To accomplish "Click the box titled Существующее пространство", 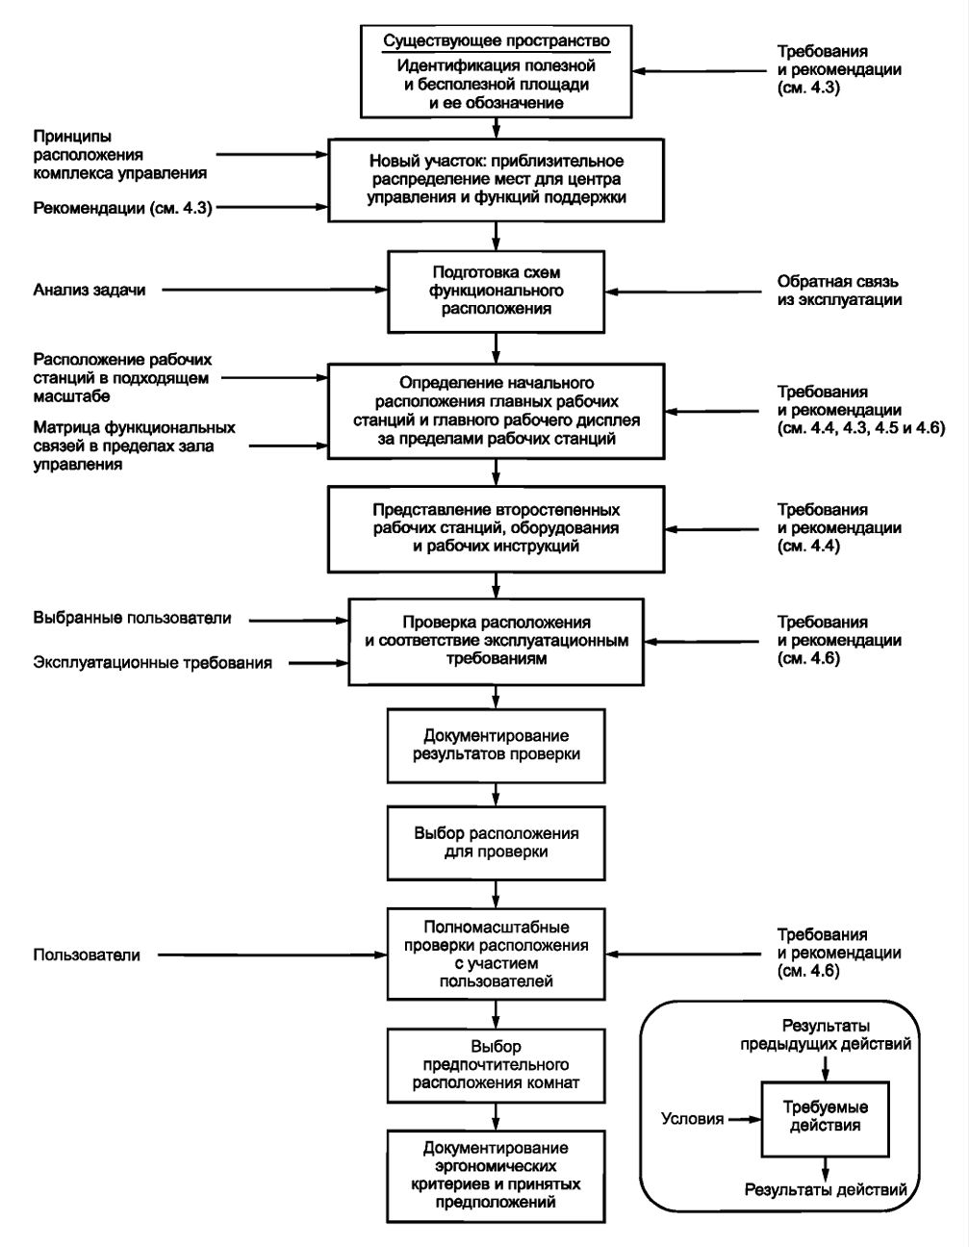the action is [x=496, y=71].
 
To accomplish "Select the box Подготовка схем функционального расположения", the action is [x=496, y=291].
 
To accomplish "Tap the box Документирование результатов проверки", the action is [x=496, y=746].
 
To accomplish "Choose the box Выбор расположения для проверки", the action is [x=496, y=843].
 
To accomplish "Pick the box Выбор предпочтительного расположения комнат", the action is [x=496, y=1065].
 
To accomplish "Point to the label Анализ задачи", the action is [x=89, y=290].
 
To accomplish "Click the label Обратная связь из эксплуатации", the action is [x=839, y=291].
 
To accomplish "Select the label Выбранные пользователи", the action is [x=132, y=618].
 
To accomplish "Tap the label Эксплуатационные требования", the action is [x=153, y=663].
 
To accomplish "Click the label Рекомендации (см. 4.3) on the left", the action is [x=123, y=208].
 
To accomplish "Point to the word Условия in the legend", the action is [x=693, y=1118].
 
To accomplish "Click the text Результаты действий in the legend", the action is [x=826, y=1189].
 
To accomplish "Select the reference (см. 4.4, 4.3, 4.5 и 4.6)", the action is [x=861, y=428].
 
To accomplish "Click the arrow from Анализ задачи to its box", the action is [x=275, y=290].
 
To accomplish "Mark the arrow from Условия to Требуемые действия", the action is [x=745, y=1119].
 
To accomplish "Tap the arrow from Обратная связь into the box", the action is [x=684, y=292].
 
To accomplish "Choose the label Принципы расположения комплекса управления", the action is [x=120, y=155].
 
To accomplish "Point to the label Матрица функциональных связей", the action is [x=135, y=445].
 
